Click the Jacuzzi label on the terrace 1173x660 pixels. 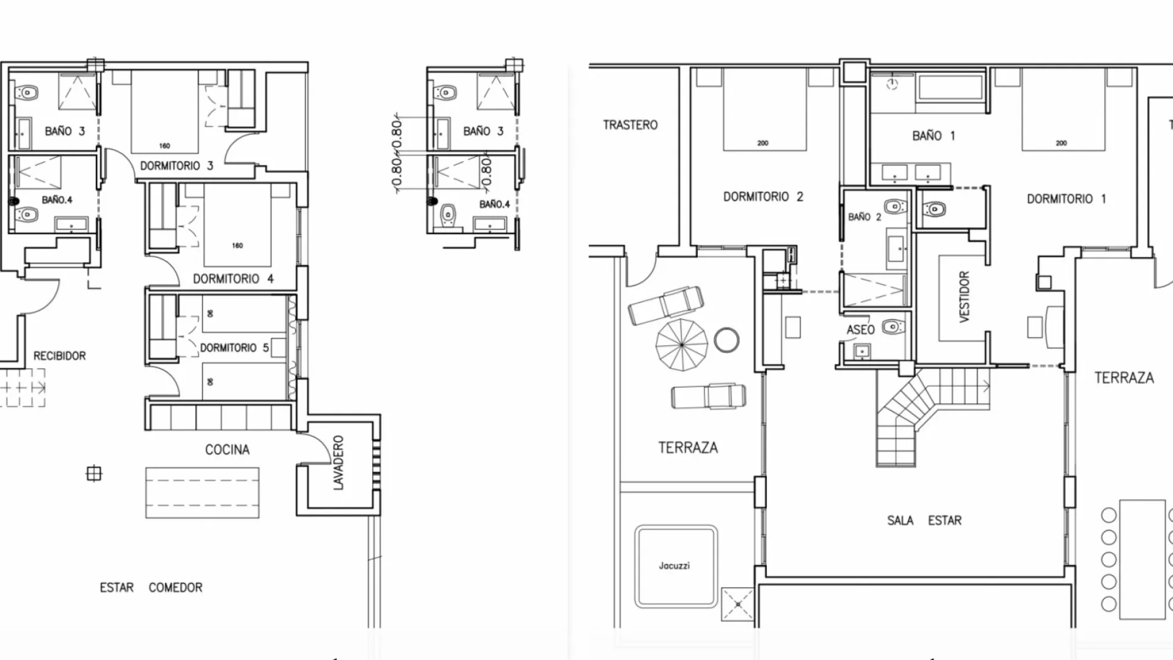(674, 566)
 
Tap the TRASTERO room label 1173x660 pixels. (630, 125)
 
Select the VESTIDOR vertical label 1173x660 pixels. (964, 296)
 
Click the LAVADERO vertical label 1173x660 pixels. (338, 463)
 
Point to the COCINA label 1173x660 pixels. (227, 450)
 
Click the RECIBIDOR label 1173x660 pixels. (59, 356)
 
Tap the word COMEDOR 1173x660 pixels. (175, 587)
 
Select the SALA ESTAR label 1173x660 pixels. (924, 521)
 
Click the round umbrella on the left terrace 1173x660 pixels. (681, 345)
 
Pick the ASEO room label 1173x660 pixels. (860, 330)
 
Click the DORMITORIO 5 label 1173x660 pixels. (234, 348)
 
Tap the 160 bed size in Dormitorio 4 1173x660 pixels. (237, 246)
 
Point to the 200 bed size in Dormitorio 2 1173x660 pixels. (762, 143)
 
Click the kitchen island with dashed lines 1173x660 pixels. (202, 493)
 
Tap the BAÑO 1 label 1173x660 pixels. (933, 136)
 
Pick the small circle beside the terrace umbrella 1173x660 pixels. (726, 340)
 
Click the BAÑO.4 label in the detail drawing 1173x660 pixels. (494, 204)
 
